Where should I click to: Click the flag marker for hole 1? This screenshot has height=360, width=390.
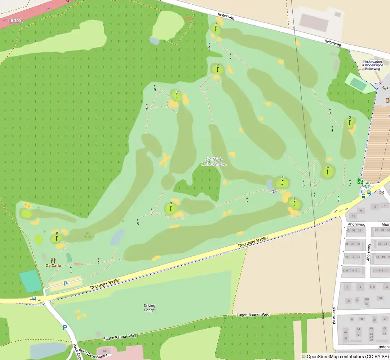click(x=294, y=204)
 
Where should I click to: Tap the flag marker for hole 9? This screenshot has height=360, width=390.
click(x=57, y=238)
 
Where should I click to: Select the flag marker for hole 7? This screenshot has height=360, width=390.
click(x=171, y=208)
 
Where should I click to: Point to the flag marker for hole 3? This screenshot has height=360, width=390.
click(x=216, y=28)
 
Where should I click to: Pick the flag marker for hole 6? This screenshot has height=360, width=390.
click(x=282, y=183)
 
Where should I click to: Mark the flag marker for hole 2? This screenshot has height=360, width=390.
click(x=350, y=122)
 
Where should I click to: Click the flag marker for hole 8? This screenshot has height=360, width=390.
click(x=176, y=96)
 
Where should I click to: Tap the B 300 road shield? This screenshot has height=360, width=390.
click(x=15, y=21)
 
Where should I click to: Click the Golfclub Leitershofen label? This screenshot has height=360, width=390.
click(x=213, y=162)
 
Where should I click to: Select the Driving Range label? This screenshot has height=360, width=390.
click(x=150, y=307)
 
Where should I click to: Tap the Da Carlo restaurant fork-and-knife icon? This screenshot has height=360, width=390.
click(x=53, y=260)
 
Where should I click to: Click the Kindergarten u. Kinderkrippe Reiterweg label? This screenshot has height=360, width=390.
click(x=372, y=65)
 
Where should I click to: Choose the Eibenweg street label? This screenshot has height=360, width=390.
click(x=334, y=315)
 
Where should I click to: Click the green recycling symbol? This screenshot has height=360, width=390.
click(x=367, y=185)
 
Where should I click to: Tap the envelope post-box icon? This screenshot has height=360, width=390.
click(x=382, y=192)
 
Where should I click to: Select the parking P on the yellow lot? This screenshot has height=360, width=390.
click(x=65, y=284)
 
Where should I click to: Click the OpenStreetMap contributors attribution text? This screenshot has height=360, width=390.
click(x=345, y=356)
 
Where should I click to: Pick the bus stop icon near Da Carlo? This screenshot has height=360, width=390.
click(x=34, y=298)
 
